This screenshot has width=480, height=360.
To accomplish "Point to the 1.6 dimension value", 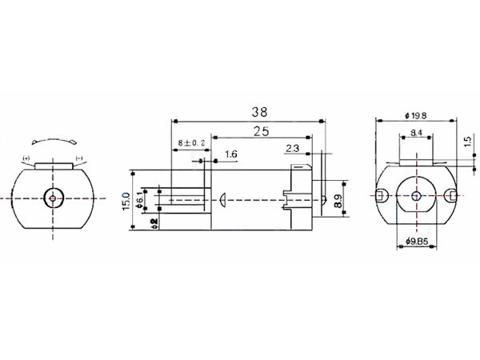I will (x=230, y=154).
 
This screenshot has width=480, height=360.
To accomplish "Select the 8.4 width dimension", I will (x=416, y=132).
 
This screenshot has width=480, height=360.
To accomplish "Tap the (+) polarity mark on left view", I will (x=27, y=158).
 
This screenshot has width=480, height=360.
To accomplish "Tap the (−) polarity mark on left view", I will (x=79, y=158).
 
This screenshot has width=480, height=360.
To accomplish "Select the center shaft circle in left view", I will (x=53, y=197).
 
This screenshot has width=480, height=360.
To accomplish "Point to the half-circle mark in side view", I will (x=223, y=197).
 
